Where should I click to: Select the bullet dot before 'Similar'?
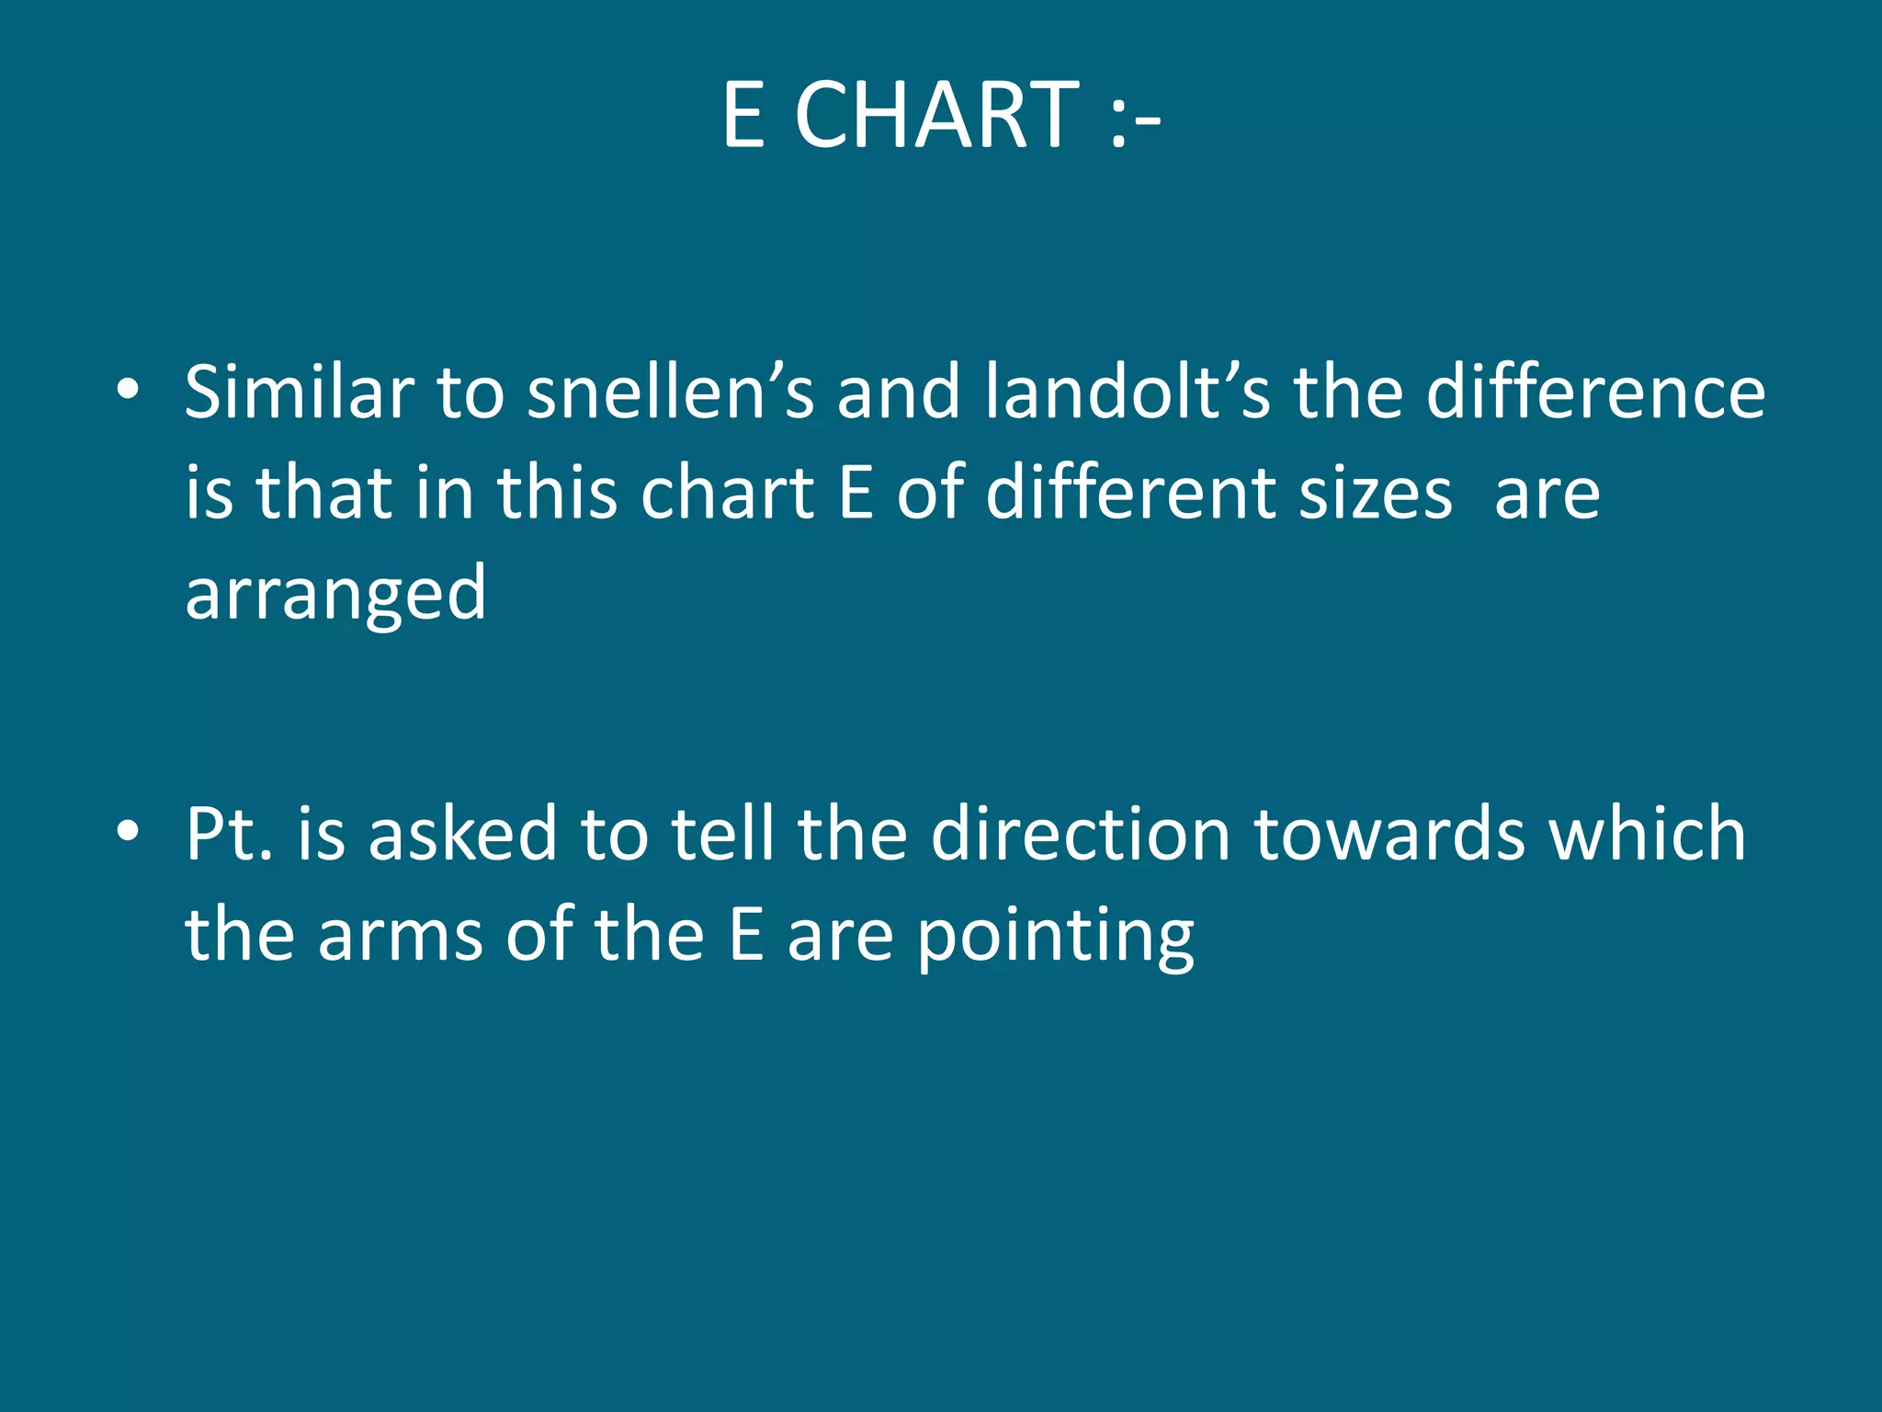click(x=128, y=390)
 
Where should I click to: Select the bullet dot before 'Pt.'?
click(x=128, y=831)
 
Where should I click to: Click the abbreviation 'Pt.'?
click(x=230, y=833)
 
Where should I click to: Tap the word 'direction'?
click(x=1080, y=833)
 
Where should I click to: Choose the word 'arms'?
click(x=400, y=936)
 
